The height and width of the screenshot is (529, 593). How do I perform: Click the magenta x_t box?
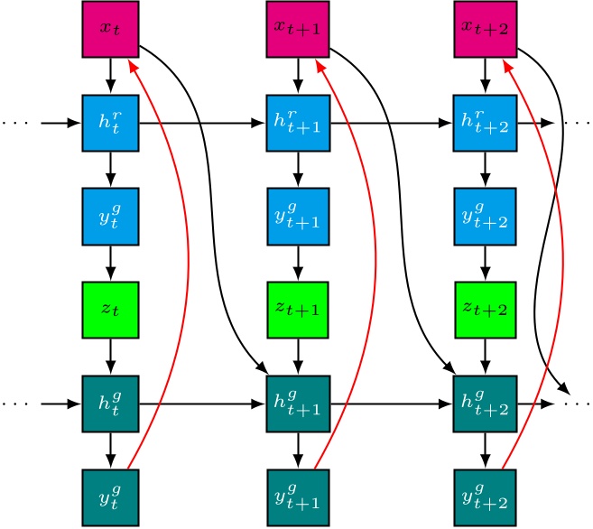click(110, 28)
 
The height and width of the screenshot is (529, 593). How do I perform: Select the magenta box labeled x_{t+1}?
click(297, 28)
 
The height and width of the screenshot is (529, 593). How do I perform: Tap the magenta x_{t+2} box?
click(485, 28)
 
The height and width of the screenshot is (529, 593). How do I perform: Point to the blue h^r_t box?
click(110, 122)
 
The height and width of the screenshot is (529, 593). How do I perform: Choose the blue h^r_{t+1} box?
click(297, 122)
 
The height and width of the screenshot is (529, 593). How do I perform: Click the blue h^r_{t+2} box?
click(485, 122)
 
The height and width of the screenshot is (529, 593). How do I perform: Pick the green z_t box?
click(110, 310)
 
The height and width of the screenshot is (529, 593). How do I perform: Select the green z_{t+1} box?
click(297, 310)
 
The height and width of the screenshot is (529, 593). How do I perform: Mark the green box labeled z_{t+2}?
click(485, 310)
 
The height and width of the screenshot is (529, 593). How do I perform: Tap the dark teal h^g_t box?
click(110, 404)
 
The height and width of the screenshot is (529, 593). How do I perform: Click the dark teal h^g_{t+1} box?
click(297, 404)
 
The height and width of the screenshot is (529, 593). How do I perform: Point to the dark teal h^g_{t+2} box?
click(485, 404)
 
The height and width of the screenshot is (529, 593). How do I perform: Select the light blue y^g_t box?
click(110, 216)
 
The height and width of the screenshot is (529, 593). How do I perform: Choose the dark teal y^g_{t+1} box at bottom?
click(297, 497)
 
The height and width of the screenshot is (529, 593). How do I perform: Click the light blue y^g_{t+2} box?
click(485, 216)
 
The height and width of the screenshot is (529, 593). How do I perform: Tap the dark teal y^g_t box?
click(110, 497)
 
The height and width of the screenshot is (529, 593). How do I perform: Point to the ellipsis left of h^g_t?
click(15, 404)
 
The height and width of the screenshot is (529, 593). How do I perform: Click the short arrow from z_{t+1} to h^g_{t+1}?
click(297, 357)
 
